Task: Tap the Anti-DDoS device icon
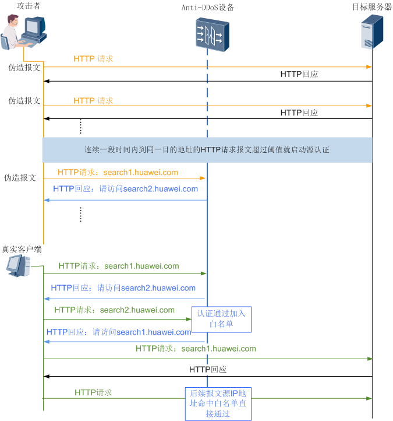coord(213,34)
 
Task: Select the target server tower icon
coord(372,32)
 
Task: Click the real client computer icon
coord(18,265)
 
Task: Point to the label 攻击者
coord(29,6)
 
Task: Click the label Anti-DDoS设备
coord(208,7)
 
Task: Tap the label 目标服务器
coord(372,7)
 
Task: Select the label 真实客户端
coord(22,250)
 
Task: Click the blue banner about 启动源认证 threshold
coord(207,150)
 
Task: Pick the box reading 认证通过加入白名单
coord(221,319)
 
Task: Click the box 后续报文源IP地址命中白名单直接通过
coord(218,404)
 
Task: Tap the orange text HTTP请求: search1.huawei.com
coord(118,173)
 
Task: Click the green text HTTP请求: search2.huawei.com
coord(115,310)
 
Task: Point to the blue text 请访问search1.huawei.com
coord(142,332)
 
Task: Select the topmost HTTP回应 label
coord(299,74)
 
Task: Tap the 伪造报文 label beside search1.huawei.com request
coord(20,178)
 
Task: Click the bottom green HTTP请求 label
coord(93,392)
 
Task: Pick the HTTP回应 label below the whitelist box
coord(208,370)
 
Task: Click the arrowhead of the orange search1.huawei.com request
coord(203,178)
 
